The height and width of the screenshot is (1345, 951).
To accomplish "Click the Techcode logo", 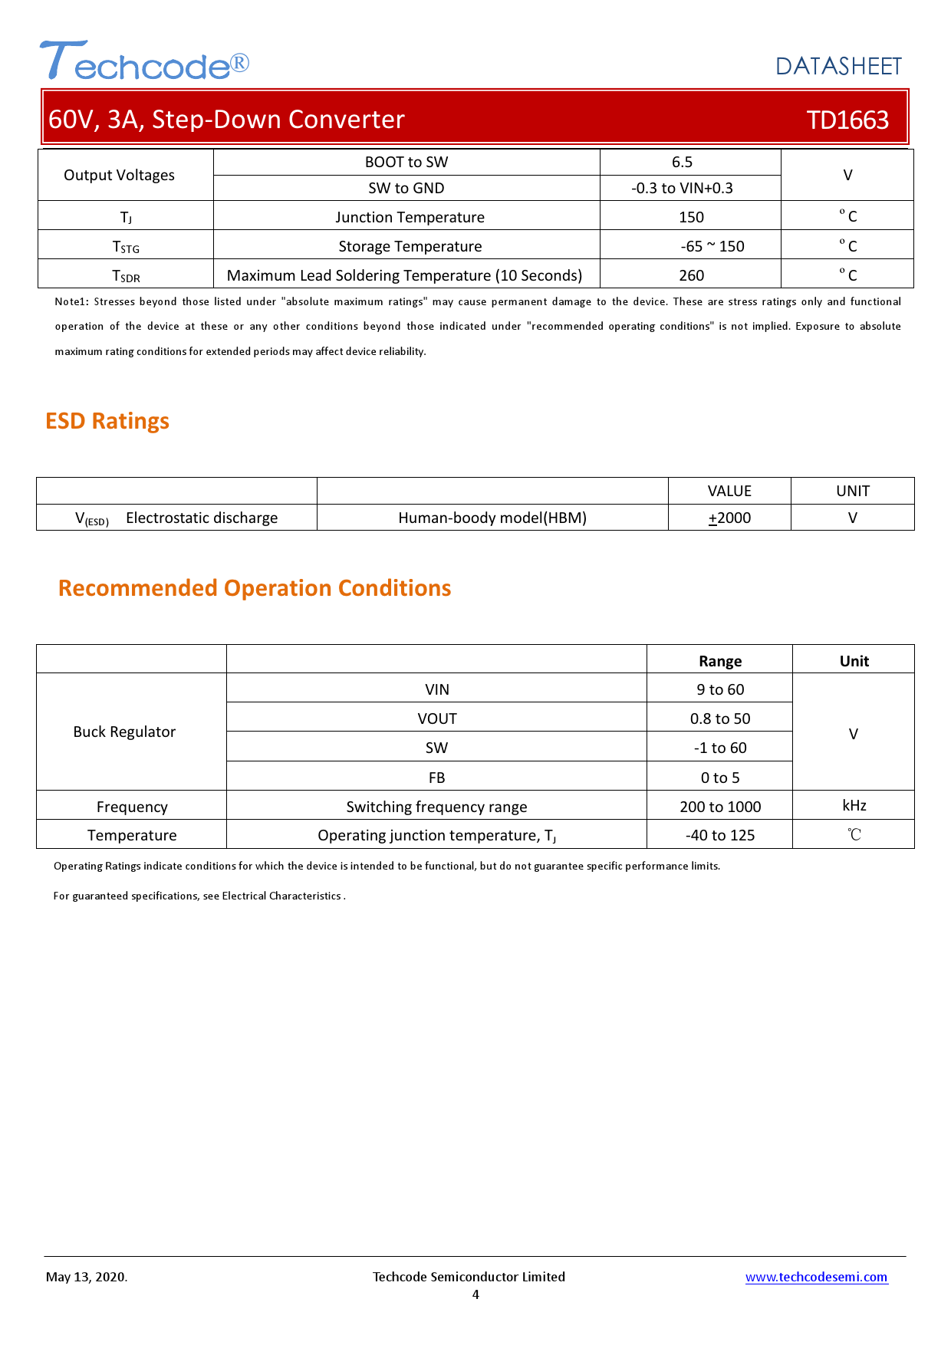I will click(x=144, y=61).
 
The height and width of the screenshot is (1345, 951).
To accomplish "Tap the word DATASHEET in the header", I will click(x=838, y=67).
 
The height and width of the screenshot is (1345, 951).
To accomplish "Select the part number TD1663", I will click(x=847, y=120).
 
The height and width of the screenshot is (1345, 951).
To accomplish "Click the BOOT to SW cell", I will click(x=406, y=162).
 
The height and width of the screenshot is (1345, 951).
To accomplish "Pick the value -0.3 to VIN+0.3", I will click(x=682, y=188).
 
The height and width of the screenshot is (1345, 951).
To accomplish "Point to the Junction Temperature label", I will click(x=410, y=217).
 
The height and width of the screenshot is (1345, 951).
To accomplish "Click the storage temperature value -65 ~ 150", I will click(x=712, y=246).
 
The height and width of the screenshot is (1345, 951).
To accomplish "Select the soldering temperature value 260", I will click(x=691, y=275).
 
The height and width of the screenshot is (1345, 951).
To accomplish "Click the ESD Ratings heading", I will click(x=107, y=421).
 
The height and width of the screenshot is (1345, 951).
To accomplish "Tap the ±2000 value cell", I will click(x=729, y=518).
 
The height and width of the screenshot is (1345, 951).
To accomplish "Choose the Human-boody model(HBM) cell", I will click(x=492, y=518).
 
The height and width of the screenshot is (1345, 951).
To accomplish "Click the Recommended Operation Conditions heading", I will click(x=255, y=588).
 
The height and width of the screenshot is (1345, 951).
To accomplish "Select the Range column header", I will click(x=719, y=661).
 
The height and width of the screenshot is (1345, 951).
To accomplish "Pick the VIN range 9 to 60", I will click(x=720, y=689).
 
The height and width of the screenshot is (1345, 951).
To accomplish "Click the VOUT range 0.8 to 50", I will click(x=720, y=719).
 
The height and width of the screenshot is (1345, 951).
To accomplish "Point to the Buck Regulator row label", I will click(x=124, y=732).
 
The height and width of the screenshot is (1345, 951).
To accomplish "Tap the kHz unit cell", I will click(x=854, y=805).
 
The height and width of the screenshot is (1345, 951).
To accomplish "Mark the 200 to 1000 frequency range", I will click(x=720, y=807).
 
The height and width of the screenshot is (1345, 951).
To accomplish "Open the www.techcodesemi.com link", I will click(x=816, y=1277).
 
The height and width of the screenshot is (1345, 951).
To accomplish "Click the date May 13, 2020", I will click(x=87, y=1277).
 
